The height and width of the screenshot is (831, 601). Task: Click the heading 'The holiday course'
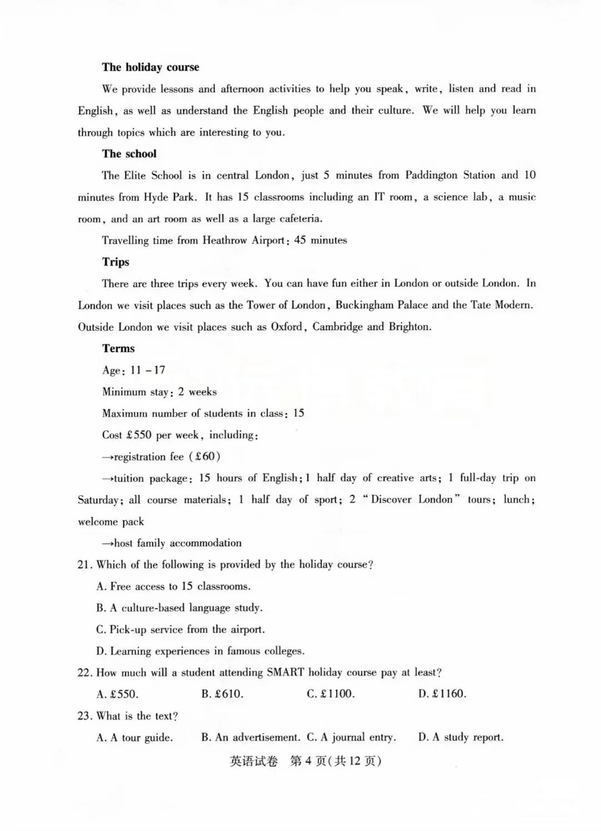(x=150, y=67)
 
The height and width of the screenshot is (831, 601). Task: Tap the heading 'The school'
(x=129, y=154)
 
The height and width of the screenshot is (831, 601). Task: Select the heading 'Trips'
(x=115, y=262)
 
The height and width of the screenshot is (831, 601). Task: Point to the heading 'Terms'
(x=118, y=349)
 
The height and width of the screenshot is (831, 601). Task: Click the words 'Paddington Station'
(x=450, y=175)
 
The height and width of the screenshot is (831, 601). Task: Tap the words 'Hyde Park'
(x=169, y=197)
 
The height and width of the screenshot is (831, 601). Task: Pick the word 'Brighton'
(x=410, y=327)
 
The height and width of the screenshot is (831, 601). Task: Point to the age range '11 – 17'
(x=147, y=370)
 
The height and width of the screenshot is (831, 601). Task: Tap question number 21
(x=85, y=565)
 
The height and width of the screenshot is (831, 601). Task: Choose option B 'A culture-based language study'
(x=179, y=608)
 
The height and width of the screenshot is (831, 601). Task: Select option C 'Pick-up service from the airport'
(x=180, y=630)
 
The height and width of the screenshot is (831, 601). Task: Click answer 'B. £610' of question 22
(x=223, y=695)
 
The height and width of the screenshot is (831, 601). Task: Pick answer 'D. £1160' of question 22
(x=442, y=695)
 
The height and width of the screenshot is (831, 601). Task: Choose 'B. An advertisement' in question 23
(x=250, y=738)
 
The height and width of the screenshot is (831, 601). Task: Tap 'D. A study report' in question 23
(x=461, y=738)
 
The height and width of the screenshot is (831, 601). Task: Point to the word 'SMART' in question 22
(x=285, y=673)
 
